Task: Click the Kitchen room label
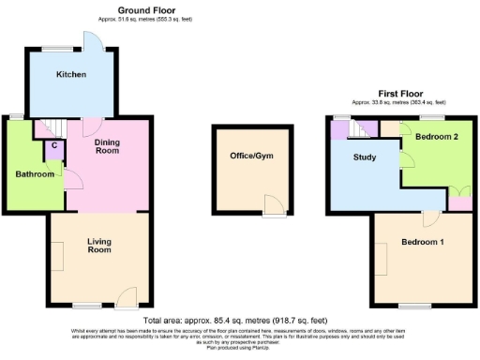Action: tap(71, 74)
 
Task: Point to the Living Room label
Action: tap(99, 246)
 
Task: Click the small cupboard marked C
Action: tap(55, 145)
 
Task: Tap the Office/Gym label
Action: tap(240, 155)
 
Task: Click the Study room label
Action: tap(365, 157)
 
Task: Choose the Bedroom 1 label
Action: tap(423, 243)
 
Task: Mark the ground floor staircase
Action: tap(50, 128)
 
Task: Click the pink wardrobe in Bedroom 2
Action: tap(460, 199)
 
